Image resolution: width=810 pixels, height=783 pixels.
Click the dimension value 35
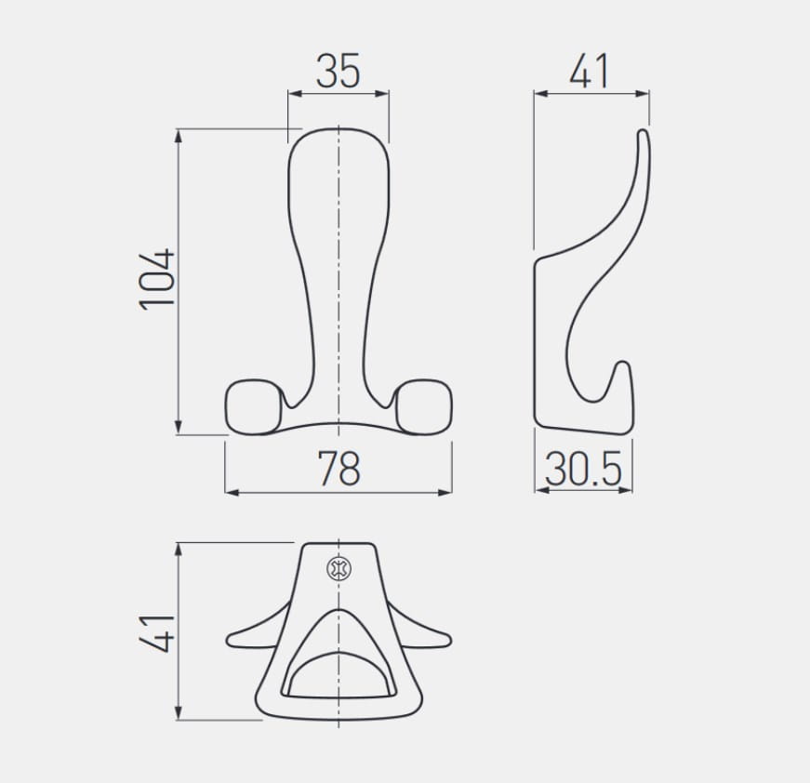coord(338,71)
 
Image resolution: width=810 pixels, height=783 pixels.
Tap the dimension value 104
coord(157,279)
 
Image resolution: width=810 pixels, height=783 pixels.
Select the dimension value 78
coord(339,468)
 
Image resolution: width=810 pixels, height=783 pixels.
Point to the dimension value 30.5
coord(583,469)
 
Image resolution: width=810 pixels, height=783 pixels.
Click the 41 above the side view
coord(590,71)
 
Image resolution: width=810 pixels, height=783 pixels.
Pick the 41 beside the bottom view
coord(157,633)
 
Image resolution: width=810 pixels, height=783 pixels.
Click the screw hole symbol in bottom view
coord(339,569)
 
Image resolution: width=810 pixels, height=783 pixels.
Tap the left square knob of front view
coord(254,406)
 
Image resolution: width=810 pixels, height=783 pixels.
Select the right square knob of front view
coord(424,406)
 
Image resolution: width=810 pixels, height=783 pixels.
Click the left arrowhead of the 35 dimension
coord(295,94)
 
